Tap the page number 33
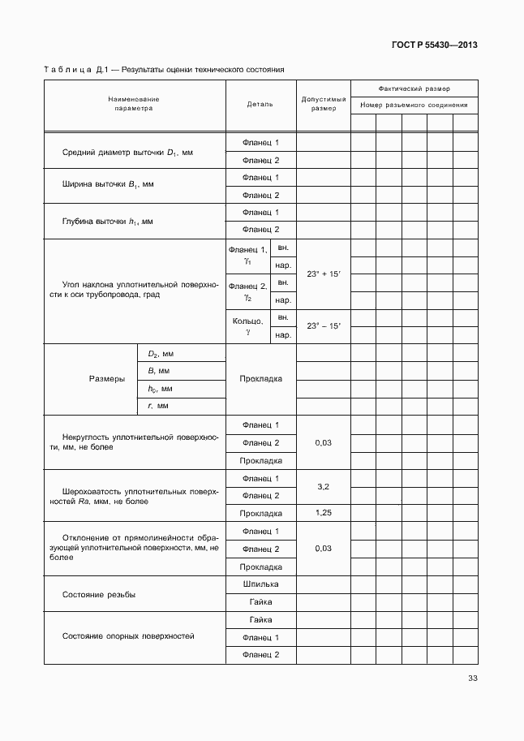[472, 679]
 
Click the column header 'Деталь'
[260, 104]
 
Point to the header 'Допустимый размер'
[324, 104]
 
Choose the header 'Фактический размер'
[414, 88]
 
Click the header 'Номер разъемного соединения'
[414, 105]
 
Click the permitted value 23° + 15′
[324, 274]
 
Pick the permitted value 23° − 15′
[324, 325]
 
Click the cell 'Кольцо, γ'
[247, 326]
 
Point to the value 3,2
[323, 487]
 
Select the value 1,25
[323, 513]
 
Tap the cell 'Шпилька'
[260, 584]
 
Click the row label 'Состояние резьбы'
[99, 595]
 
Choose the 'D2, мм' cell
[161, 354]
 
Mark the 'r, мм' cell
[157, 405]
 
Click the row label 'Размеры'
[106, 379]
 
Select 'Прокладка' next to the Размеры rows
[260, 379]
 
